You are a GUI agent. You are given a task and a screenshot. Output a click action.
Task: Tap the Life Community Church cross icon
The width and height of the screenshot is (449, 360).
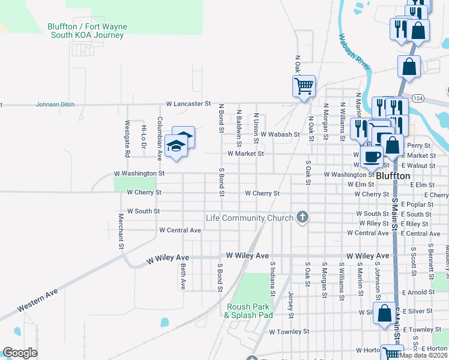(x=303, y=217)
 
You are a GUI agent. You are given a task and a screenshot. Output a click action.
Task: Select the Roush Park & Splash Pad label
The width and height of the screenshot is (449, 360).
(x=249, y=311)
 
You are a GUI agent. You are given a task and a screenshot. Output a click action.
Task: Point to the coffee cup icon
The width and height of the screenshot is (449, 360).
(x=372, y=157)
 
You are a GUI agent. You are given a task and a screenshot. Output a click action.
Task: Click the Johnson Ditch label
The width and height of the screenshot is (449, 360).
(x=55, y=104)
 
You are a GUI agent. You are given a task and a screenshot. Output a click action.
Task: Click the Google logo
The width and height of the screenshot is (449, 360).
(x=20, y=353)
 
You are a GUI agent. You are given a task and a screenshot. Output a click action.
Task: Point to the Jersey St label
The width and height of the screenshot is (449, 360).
(x=291, y=305)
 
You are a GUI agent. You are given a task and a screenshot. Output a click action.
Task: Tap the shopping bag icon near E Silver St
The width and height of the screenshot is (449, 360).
(x=384, y=313)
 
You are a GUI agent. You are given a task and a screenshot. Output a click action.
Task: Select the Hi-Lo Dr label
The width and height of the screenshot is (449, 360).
(x=143, y=137)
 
